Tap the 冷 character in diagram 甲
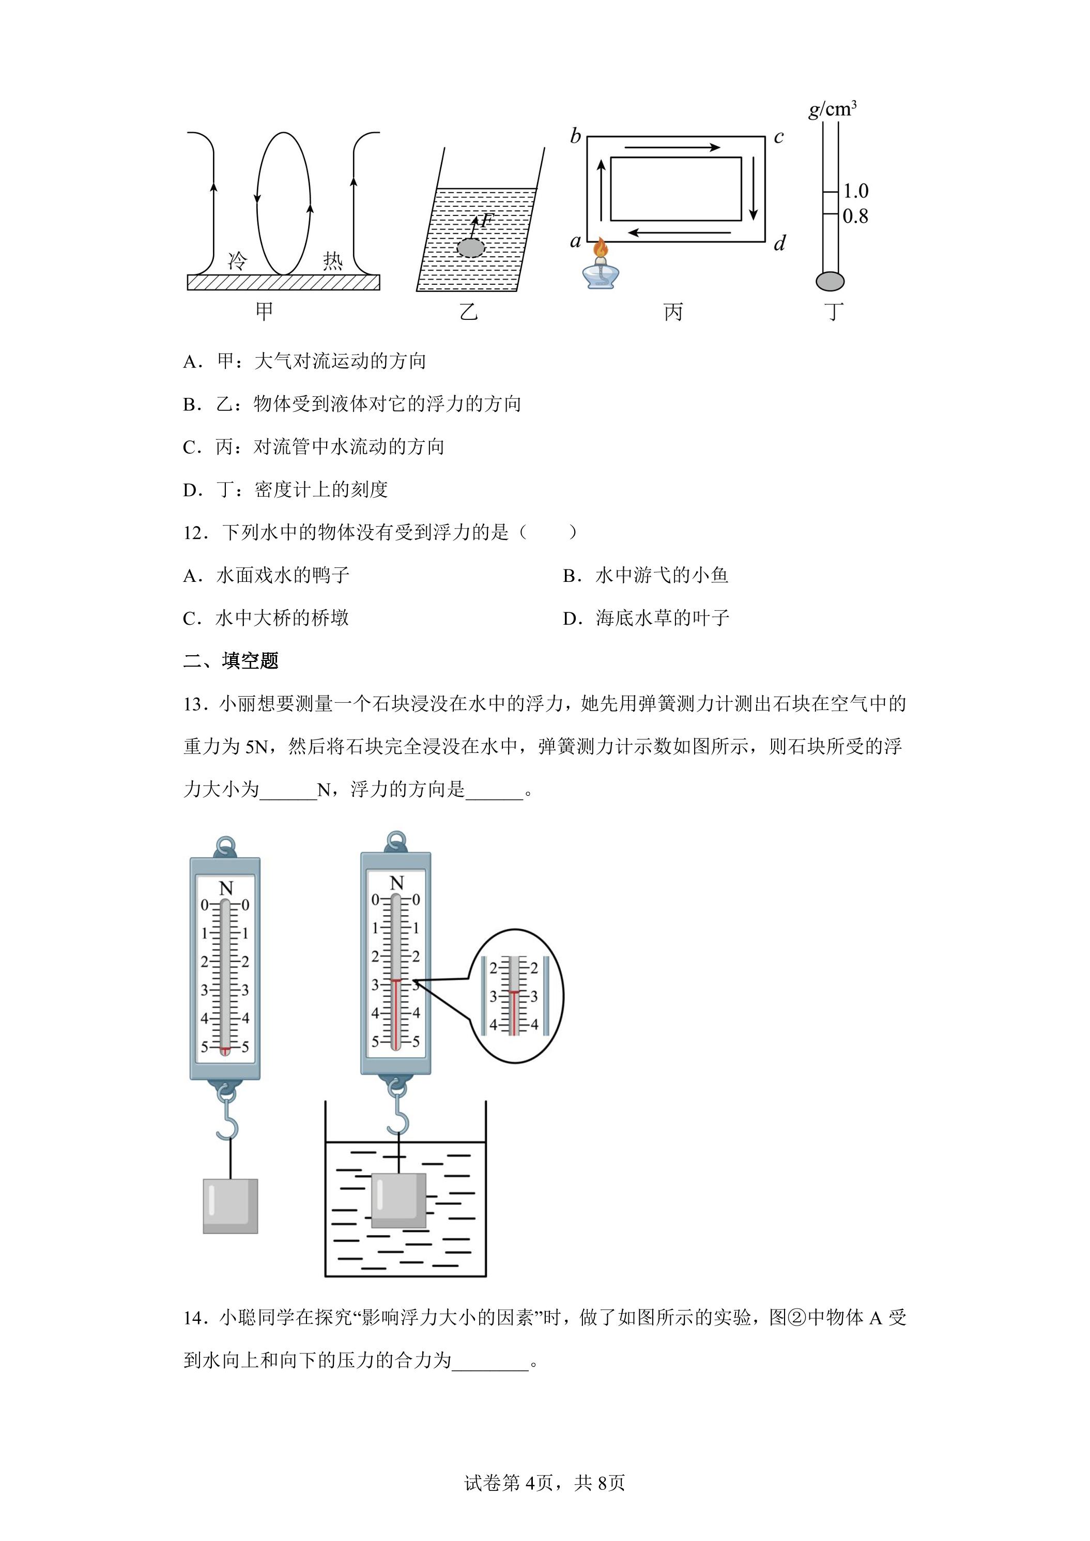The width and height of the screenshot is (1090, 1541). [x=237, y=260]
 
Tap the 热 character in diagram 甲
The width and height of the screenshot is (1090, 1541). [x=332, y=260]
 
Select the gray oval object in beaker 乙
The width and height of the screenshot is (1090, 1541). [x=470, y=248]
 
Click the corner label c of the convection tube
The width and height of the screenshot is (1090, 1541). [x=778, y=137]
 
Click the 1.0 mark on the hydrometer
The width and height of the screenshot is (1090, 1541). [x=856, y=191]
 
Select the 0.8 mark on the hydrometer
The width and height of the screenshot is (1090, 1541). [x=856, y=216]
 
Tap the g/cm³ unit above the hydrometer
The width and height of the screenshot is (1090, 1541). [x=832, y=109]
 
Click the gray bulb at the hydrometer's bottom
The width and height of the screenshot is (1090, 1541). [x=830, y=281]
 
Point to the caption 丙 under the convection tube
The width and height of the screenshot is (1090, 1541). [x=673, y=312]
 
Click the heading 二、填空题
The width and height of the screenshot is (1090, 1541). [x=231, y=661]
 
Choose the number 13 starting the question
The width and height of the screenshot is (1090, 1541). [x=193, y=704]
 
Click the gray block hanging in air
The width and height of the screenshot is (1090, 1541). [x=230, y=1206]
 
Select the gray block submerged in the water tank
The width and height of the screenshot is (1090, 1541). [x=398, y=1201]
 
